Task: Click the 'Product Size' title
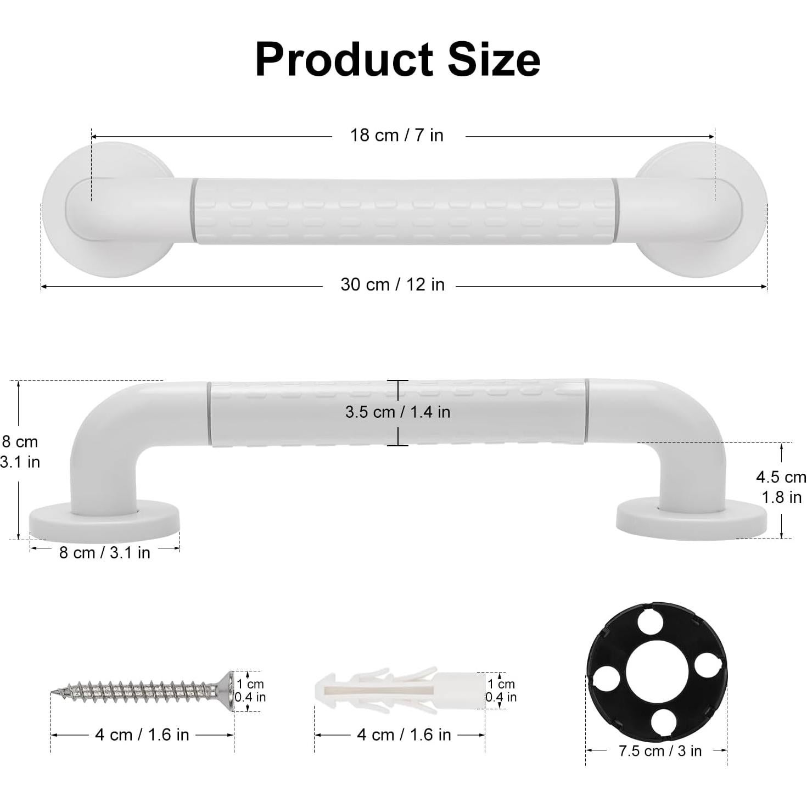coord(397,59)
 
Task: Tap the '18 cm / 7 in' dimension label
coord(397,136)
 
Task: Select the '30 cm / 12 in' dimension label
coord(392,284)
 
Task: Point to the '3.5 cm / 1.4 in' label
coord(397,412)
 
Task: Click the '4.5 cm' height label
coord(781,477)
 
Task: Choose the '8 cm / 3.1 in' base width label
coord(104,553)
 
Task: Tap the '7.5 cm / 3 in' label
coord(660,750)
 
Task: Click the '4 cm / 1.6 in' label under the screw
coord(142,735)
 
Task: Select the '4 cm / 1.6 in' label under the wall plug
coord(403,735)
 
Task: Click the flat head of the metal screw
coord(225,691)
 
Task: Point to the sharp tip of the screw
coord(54,692)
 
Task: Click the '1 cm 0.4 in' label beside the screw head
coord(250,691)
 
